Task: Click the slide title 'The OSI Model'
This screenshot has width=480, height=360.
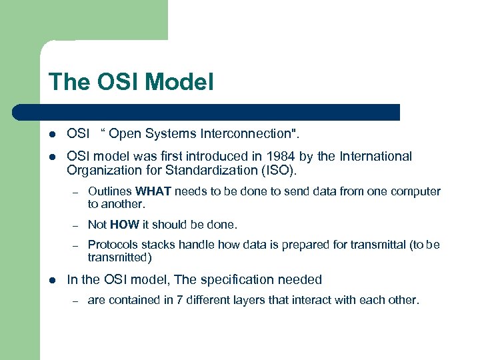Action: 131,82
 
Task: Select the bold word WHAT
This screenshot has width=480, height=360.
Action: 154,192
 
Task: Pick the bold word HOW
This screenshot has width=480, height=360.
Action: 125,225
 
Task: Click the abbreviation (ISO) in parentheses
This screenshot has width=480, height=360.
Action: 277,171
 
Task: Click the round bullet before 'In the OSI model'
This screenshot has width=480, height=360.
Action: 51,280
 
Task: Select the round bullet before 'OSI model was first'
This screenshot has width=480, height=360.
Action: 51,157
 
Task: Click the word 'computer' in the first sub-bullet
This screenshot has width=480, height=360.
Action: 417,192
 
